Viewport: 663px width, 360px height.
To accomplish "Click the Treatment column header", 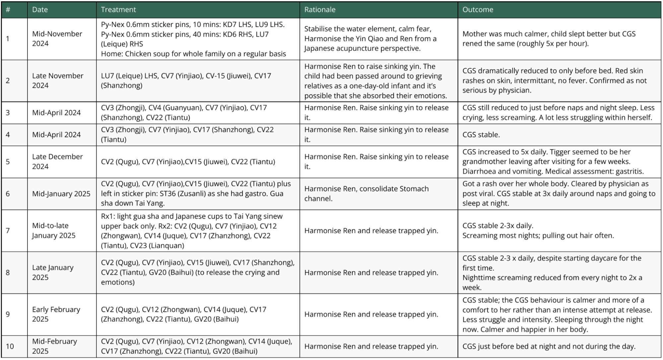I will pyautogui.click(x=118, y=10).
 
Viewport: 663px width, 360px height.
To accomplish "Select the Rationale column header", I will pyautogui.click(x=320, y=10).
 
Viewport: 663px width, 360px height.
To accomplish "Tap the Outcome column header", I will pyautogui.click(x=478, y=10).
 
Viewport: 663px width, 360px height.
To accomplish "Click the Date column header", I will pyautogui.click(x=40, y=10).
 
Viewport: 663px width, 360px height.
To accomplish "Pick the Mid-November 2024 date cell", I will pyautogui.click(x=57, y=38).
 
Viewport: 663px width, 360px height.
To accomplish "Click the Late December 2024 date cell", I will pyautogui.click(x=57, y=162).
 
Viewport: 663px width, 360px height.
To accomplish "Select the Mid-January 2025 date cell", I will pyautogui.click(x=61, y=194).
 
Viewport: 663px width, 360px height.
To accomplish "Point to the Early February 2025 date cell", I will pyautogui.click(x=56, y=314).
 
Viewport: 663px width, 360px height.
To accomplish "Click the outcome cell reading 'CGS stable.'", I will pyautogui.click(x=481, y=135).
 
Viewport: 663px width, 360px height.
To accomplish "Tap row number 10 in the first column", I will pyautogui.click(x=10, y=346).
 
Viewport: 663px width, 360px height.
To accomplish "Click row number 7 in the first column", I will pyautogui.click(x=8, y=231).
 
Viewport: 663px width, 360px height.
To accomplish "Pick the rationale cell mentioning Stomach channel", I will pyautogui.click(x=366, y=194).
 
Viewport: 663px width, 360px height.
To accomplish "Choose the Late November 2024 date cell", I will pyautogui.click(x=58, y=81).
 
